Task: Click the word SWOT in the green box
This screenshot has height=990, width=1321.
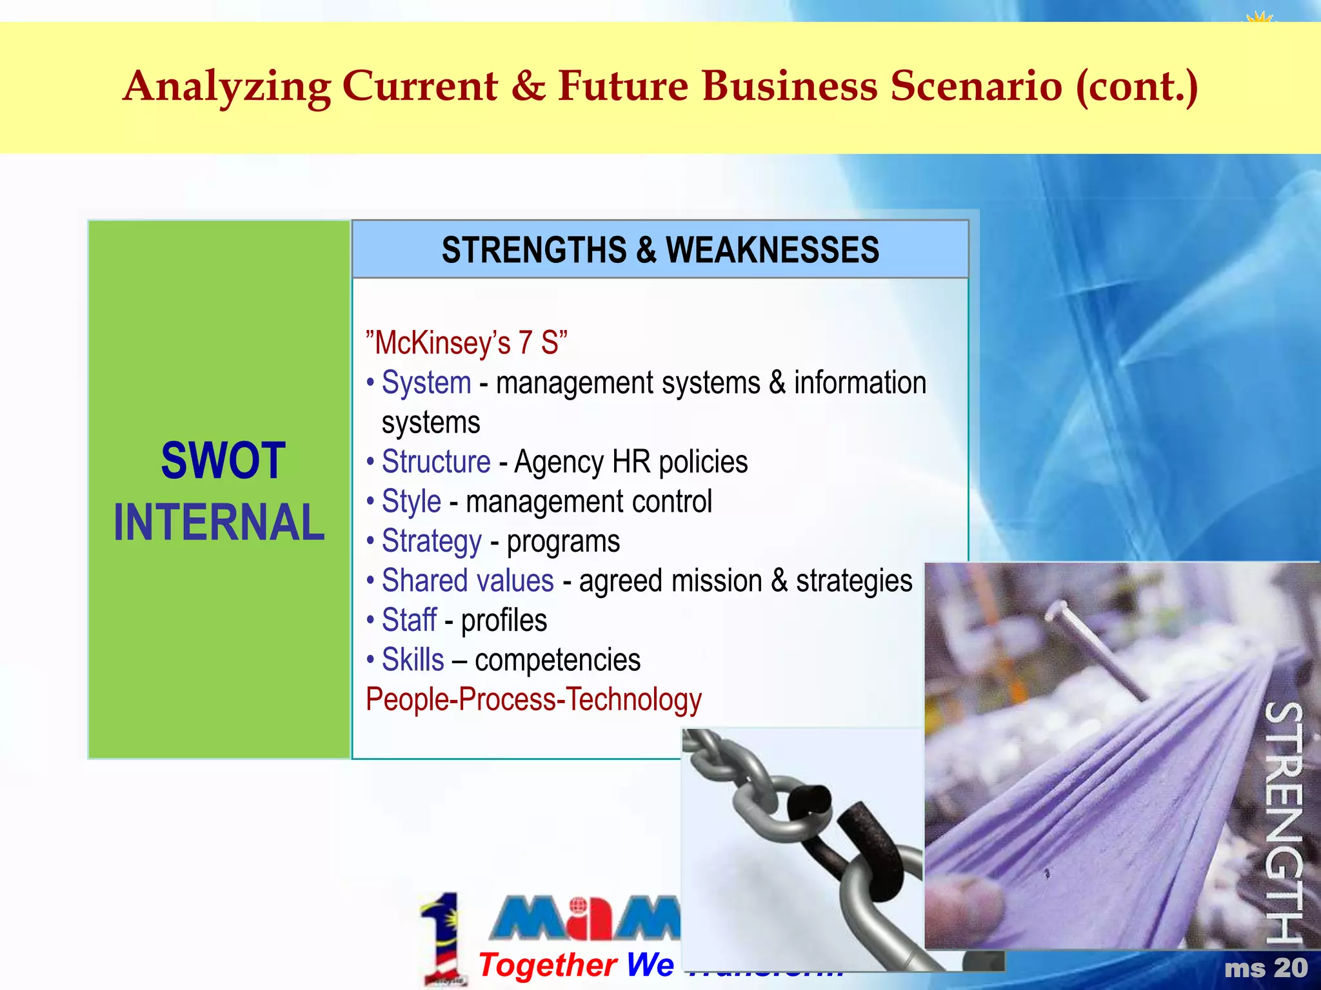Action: pos(223,461)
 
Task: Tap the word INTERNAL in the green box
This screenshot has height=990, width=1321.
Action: pos(219,522)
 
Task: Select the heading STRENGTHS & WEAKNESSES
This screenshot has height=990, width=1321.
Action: pos(660,250)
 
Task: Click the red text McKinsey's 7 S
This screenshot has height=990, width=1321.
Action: pos(466,343)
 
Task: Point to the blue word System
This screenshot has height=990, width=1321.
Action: pos(426,383)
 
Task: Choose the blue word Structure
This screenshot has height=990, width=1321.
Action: pos(436,462)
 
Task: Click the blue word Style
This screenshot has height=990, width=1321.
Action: pos(412,501)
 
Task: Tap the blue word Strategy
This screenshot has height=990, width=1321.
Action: pos(432,541)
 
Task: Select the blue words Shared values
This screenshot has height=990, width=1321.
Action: pos(468,581)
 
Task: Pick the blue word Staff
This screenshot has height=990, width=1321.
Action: pos(409,621)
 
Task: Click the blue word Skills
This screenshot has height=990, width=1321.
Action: pos(413,660)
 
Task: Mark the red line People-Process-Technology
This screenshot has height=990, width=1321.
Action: pos(533,700)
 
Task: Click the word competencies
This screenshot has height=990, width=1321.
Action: pos(558,660)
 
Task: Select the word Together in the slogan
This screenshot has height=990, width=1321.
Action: pos(548,965)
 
